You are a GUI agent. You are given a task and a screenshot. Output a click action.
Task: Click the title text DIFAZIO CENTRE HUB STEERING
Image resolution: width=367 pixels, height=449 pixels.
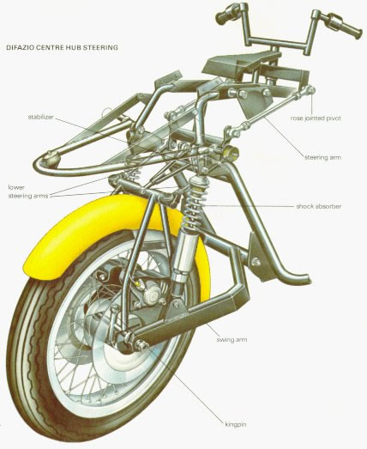point(62,47)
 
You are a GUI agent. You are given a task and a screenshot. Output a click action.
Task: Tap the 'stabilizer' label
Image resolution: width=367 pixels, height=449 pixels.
point(40,117)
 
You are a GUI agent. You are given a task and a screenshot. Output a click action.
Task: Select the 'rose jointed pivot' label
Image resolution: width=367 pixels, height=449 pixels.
point(316,118)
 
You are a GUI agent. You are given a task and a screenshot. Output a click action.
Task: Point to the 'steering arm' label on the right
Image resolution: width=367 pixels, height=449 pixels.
point(322,157)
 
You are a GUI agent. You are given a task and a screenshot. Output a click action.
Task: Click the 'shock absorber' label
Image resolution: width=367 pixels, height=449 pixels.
point(319,206)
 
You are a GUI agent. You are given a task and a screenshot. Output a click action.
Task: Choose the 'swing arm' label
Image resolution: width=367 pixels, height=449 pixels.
point(232,340)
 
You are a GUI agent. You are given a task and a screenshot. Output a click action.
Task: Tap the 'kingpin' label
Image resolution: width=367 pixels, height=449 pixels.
point(236,424)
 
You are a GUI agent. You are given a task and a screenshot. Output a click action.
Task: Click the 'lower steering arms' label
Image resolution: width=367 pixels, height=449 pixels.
point(28,191)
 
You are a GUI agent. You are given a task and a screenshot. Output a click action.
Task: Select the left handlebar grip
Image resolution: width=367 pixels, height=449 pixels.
point(227,15)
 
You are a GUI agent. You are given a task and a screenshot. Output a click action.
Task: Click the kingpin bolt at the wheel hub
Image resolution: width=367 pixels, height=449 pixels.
point(141,345)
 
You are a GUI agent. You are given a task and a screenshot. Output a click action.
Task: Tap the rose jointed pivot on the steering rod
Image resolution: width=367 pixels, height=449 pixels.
point(310,90)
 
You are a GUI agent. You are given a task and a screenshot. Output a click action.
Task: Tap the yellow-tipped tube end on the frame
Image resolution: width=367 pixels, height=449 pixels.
point(232,153)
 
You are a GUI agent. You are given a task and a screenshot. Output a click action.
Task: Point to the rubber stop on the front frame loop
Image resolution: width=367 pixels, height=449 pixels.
point(51,158)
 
